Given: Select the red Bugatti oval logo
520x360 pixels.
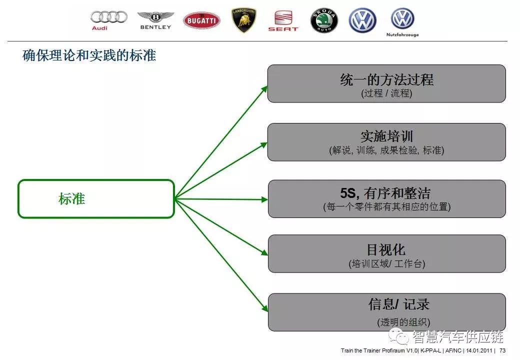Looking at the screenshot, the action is tap(201, 20).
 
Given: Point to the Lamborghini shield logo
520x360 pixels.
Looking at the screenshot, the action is tap(244, 20).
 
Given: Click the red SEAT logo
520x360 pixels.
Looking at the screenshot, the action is tap(283, 20).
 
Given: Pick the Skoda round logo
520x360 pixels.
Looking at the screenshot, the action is tap(324, 20).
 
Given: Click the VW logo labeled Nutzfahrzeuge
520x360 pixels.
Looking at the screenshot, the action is tap(402, 22).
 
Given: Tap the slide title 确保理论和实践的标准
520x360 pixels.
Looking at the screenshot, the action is tap(89, 55).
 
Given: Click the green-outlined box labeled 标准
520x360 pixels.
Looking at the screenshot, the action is tap(96, 199).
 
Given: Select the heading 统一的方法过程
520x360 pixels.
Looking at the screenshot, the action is tap(386, 79).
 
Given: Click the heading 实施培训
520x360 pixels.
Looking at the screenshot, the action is tap(386, 136).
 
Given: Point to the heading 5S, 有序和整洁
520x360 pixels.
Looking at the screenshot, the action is tap(385, 193).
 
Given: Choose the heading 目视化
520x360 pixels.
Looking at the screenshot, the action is tap(386, 249).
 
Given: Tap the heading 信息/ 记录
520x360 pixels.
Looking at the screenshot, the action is tap(399, 304).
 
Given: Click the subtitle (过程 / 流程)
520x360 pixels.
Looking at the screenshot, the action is tap(386, 93).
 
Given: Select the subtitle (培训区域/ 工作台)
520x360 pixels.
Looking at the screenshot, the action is tap(387, 264).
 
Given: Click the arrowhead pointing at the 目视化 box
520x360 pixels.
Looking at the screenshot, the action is tap(264, 252).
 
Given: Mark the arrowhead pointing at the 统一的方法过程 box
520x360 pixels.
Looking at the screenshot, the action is tap(264, 88).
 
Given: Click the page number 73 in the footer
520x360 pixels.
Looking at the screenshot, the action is tap(502, 350).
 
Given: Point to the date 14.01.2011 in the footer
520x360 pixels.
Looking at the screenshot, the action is tap(479, 350).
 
